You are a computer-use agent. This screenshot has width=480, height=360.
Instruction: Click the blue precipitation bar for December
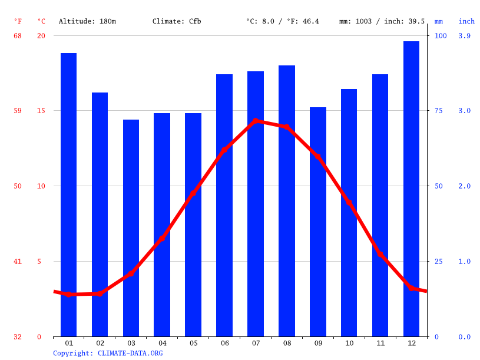coord(411,189)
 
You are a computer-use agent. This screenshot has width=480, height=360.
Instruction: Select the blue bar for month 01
coord(68,194)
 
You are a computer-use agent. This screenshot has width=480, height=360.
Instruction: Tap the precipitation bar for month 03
coord(131,228)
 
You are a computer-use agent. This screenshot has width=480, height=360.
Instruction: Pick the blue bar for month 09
coord(318,222)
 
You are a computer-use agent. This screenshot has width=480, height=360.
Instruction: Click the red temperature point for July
coord(256,121)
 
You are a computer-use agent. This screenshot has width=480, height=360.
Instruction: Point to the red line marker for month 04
coord(162,238)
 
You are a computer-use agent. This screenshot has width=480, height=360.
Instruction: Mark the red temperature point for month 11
coord(380,255)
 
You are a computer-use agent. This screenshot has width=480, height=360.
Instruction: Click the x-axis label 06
coord(224,343)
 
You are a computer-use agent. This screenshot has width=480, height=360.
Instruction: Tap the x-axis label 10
coord(349,343)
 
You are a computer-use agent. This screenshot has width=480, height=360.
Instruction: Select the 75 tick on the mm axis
coord(439,111)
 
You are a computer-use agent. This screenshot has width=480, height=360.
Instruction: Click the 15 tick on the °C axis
coord(41,111)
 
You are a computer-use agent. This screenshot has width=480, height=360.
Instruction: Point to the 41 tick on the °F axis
coord(18,262)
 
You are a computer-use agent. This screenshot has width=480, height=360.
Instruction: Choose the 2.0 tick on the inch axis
coord(465,186)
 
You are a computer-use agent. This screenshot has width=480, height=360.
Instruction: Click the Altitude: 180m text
coord(87,21)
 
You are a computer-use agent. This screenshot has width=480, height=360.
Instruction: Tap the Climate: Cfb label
coord(177,21)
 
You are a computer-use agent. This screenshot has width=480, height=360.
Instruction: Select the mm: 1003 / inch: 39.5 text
coord(382,21)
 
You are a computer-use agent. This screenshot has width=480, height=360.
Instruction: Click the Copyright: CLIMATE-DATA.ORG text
coord(108,353)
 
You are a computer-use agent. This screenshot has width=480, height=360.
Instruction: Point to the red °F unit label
coord(18,21)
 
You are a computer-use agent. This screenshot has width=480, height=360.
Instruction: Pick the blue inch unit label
coord(466,21)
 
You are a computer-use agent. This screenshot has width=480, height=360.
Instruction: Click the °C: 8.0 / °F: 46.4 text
coord(282,21)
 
